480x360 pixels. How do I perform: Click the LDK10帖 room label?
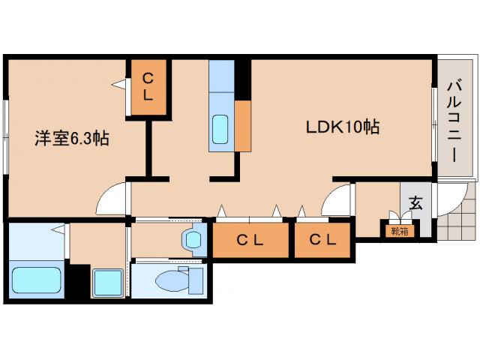pyautogui.click(x=343, y=127)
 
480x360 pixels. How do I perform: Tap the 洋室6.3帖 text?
pyautogui.click(x=72, y=138)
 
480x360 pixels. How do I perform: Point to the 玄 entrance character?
pyautogui.click(x=415, y=203)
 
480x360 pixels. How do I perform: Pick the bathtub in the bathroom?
pyautogui.click(x=37, y=280)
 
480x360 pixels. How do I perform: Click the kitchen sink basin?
pyautogui.click(x=220, y=129)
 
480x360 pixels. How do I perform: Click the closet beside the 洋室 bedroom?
pyautogui.click(x=148, y=88)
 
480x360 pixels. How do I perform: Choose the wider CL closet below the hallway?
pyautogui.click(x=250, y=240)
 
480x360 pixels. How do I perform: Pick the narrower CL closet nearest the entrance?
pyautogui.click(x=322, y=240)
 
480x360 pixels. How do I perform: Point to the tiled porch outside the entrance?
pyautogui.click(x=458, y=214)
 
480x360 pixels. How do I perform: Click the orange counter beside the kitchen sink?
pyautogui.click(x=243, y=125)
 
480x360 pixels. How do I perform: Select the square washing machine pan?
pyautogui.click(x=108, y=283)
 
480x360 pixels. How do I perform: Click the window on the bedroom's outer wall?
pyautogui.click(x=6, y=137)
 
